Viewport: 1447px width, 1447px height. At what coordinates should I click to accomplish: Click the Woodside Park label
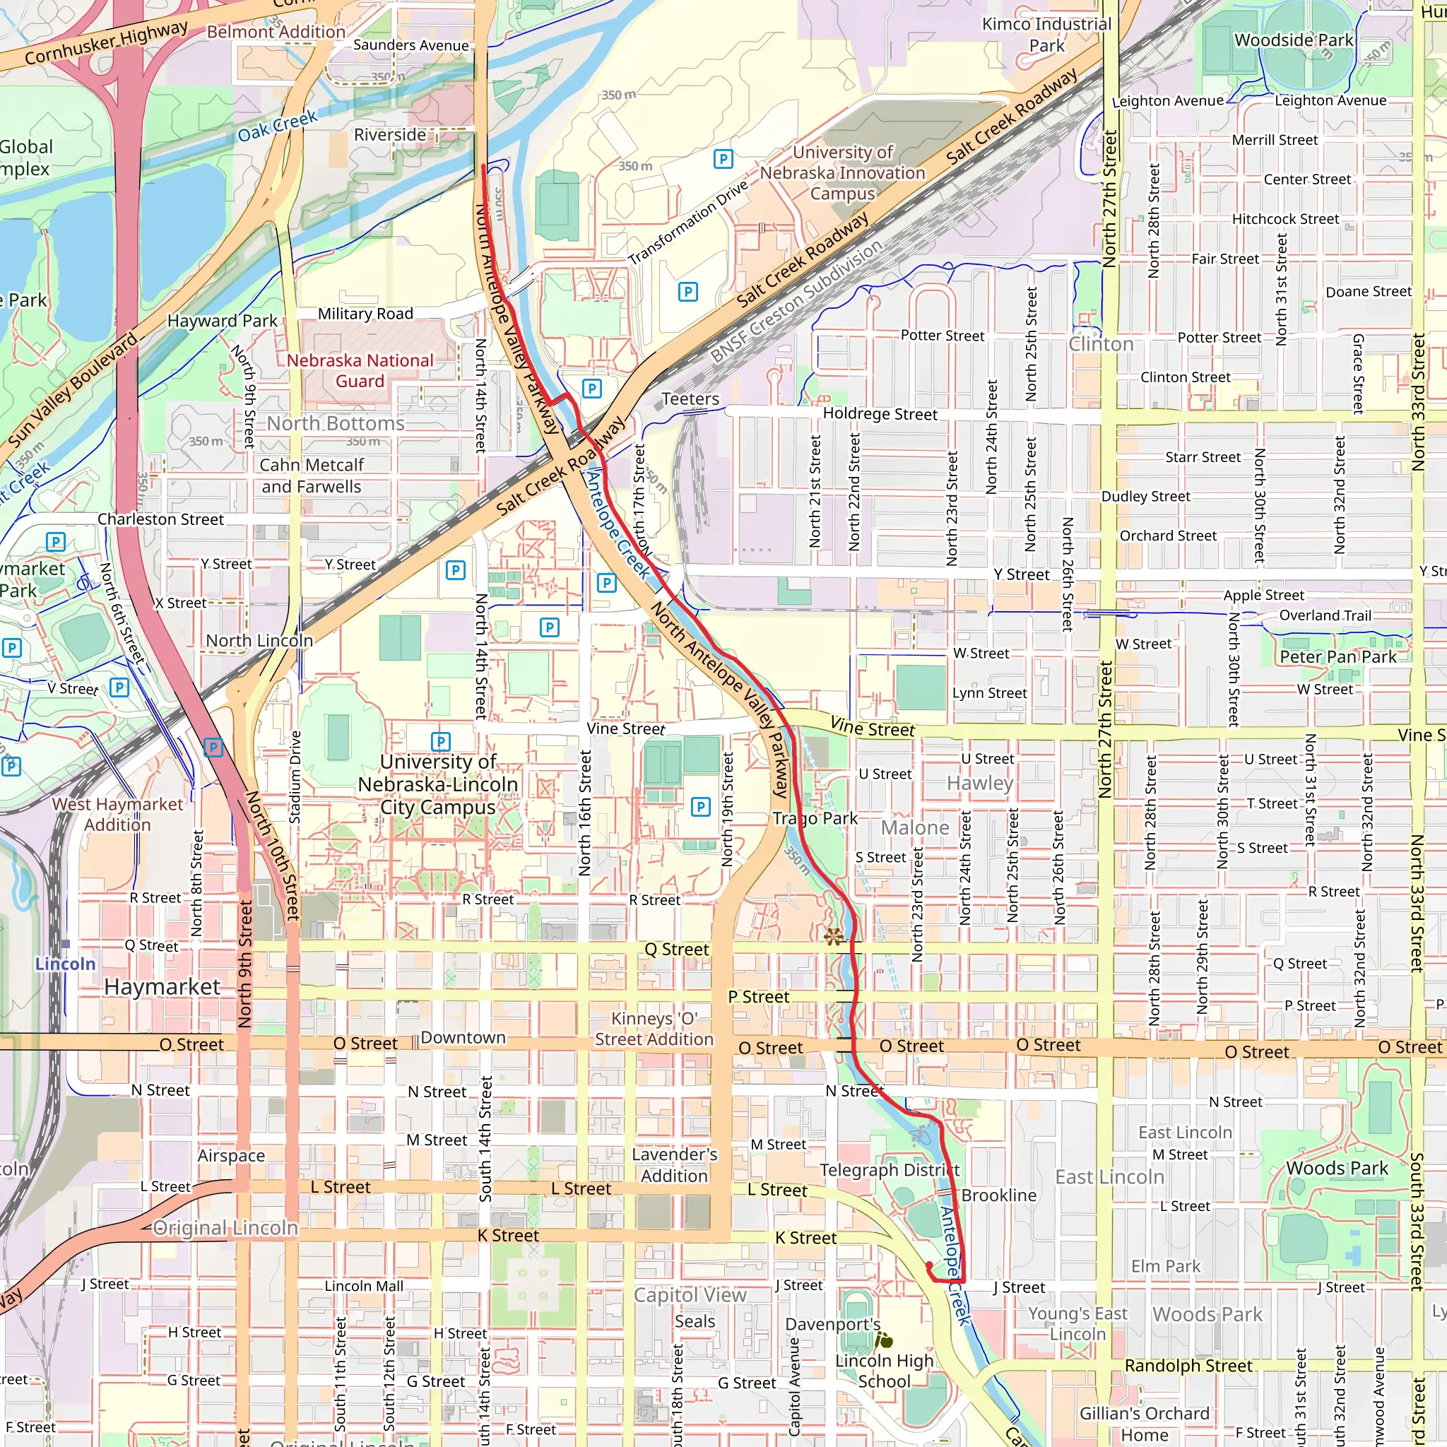1294,40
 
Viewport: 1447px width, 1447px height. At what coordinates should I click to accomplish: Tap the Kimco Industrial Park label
1046,35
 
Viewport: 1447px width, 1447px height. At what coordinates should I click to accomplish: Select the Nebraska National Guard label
360,371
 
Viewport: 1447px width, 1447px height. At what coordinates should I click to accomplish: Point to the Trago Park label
815,819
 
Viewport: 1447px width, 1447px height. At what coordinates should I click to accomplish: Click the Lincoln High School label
885,1371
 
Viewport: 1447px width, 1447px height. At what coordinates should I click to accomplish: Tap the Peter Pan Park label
1337,657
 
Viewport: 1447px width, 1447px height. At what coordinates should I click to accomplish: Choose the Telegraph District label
889,1170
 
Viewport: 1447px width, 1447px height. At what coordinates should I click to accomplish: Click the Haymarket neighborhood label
163,987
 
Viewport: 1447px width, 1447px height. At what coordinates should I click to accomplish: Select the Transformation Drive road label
687,223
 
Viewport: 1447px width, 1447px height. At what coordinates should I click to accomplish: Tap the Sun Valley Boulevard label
73,390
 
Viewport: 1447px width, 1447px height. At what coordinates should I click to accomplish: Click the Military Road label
365,314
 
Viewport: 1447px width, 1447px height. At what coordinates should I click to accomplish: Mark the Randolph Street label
1188,1365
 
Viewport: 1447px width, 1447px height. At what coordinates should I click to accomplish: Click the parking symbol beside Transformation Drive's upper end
723,159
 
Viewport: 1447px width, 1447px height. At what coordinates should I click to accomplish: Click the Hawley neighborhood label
980,784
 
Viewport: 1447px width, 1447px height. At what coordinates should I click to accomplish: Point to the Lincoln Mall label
364,1286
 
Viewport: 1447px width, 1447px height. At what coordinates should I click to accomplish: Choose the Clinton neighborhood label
1100,345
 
